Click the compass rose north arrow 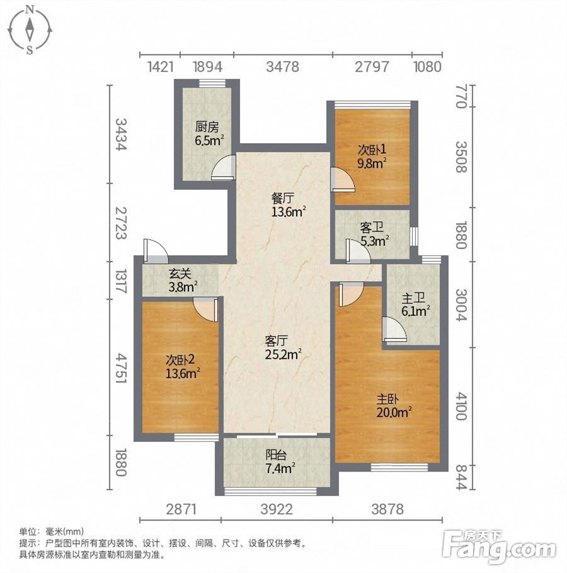pyautogui.click(x=30, y=29)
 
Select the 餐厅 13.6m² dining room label pyautogui.click(x=289, y=205)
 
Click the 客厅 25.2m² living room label pyautogui.click(x=283, y=348)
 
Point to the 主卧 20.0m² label pyautogui.click(x=394, y=406)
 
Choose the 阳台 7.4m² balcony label pyautogui.click(x=280, y=461)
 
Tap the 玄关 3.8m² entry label pyautogui.click(x=183, y=281)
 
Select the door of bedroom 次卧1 pyautogui.click(x=342, y=180)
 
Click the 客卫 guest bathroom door pyautogui.click(x=358, y=251)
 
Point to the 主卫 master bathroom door pyautogui.click(x=394, y=329)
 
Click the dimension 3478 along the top pyautogui.click(x=283, y=67)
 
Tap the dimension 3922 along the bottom pyautogui.click(x=277, y=509)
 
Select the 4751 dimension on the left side pyautogui.click(x=121, y=368)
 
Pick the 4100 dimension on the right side pyautogui.click(x=461, y=406)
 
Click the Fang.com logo pyautogui.click(x=499, y=547)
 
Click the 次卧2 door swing pyautogui.click(x=205, y=310)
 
